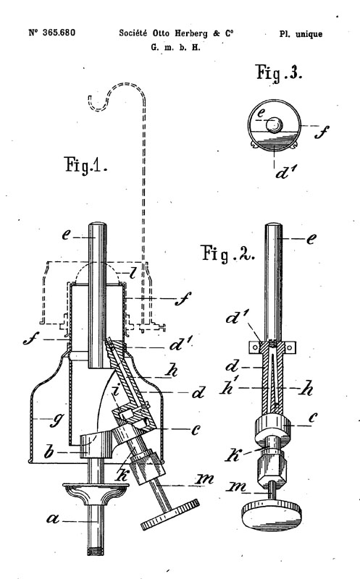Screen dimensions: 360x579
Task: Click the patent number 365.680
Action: pyautogui.click(x=59, y=33)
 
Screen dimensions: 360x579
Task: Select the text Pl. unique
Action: pyautogui.click(x=301, y=34)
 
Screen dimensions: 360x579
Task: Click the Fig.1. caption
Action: pyautogui.click(x=85, y=165)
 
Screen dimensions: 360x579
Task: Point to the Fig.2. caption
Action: pyautogui.click(x=228, y=253)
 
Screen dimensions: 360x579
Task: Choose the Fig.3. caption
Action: pyautogui.click(x=279, y=72)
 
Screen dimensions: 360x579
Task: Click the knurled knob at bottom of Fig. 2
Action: pyautogui.click(x=272, y=515)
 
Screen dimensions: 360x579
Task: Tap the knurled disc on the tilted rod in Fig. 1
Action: pyautogui.click(x=170, y=515)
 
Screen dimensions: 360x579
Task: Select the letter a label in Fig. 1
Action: pyautogui.click(x=53, y=519)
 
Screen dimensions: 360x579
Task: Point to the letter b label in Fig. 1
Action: pyautogui.click(x=49, y=451)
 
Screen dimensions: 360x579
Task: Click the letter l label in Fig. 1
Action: pyautogui.click(x=133, y=274)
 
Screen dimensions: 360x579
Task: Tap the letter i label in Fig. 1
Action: pyautogui.click(x=115, y=390)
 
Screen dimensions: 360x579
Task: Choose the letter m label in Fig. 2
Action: pyautogui.click(x=237, y=487)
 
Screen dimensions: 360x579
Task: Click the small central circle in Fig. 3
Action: pyautogui.click(x=275, y=124)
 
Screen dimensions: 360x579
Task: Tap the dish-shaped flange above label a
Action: pyautogui.click(x=96, y=494)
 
